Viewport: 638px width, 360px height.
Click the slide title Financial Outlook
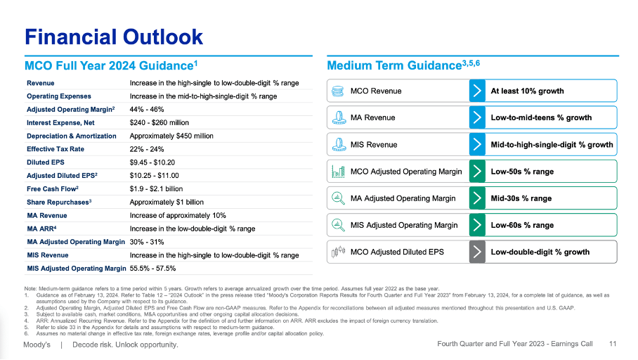click(114, 37)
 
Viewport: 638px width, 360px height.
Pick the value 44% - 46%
click(147, 109)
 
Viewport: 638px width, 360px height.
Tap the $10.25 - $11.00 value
click(155, 176)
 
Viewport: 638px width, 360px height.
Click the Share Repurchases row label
click(60, 202)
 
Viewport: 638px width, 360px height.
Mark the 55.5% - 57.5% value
click(152, 269)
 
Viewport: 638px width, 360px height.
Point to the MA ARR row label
click(42, 229)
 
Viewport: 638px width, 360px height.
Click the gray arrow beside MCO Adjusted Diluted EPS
click(477, 252)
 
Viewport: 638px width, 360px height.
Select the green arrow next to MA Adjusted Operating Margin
click(477, 198)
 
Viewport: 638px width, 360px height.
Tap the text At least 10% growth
click(527, 91)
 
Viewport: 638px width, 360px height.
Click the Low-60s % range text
click(522, 225)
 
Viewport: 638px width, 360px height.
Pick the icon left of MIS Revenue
click(338, 145)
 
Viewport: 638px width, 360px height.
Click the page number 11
click(613, 345)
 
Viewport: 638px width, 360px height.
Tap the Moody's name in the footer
click(38, 345)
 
